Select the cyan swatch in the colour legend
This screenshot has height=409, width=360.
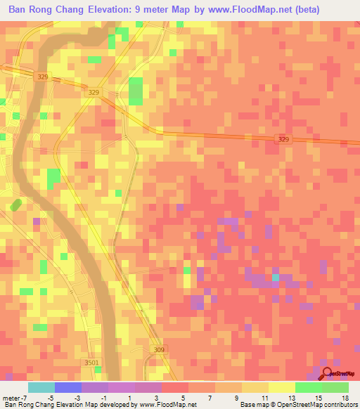click(x=41, y=387)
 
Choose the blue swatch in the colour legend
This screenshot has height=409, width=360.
click(x=67, y=387)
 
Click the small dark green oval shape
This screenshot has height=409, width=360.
click(x=15, y=204)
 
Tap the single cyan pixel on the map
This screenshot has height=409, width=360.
click(x=276, y=278)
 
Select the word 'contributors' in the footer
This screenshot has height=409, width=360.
click(x=338, y=405)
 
